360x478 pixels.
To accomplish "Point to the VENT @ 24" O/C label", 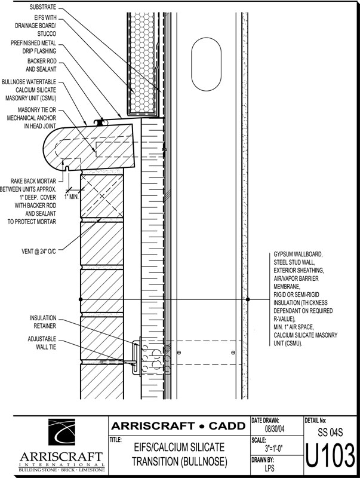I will (38, 252).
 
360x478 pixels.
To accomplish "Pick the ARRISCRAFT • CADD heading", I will (179, 426).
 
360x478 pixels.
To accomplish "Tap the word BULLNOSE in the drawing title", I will (199, 461).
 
